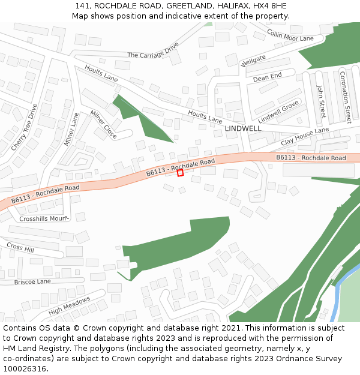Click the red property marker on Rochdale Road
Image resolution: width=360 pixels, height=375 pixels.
click(x=180, y=173)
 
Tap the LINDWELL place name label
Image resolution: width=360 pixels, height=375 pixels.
click(x=243, y=128)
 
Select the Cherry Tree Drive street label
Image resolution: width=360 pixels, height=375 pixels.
click(x=24, y=127)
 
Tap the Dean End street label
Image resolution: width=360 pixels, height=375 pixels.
click(x=267, y=77)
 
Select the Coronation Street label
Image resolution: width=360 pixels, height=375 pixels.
click(x=345, y=97)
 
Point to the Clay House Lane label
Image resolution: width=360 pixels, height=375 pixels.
click(x=305, y=139)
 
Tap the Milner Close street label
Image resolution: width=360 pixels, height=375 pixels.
click(x=103, y=125)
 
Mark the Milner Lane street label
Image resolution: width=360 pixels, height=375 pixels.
click(x=71, y=129)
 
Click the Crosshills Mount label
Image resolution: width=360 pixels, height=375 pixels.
click(x=43, y=219)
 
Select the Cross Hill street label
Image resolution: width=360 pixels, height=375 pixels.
click(x=20, y=248)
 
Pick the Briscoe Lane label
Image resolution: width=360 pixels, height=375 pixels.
click(x=32, y=281)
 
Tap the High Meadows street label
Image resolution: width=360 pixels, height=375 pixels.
click(x=69, y=305)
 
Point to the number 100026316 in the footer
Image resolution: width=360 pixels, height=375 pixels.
click(x=25, y=368)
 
